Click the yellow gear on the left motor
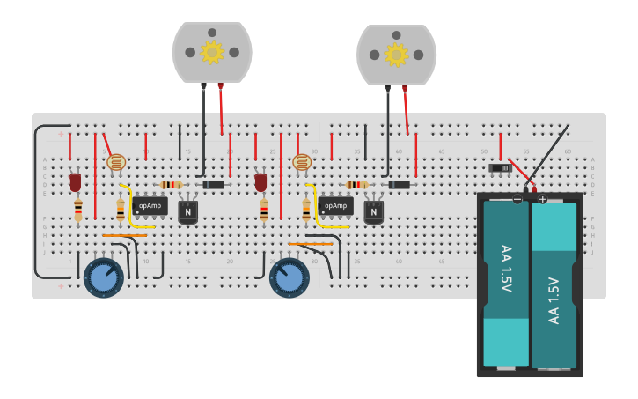pos(212,52)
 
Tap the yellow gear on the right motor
pos(396,55)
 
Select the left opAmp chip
pos(150,206)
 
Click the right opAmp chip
pos(335,206)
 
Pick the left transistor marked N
pos(188,211)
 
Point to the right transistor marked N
pos(374,211)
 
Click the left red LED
pos(75,182)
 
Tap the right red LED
pos(260,182)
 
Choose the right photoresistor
pos(302,162)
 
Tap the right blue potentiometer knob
pos(290,277)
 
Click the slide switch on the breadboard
pos(500,167)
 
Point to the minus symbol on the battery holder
pos(517,200)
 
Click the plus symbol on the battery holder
pos(542,200)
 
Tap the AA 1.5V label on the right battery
pos(554,299)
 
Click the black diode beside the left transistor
pos(214,185)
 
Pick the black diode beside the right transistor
pos(400,185)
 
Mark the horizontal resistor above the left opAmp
pos(171,185)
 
